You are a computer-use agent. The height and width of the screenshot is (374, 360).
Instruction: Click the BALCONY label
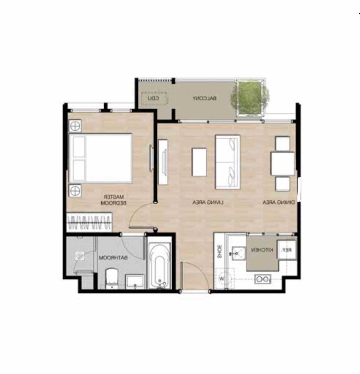[x=205, y=98]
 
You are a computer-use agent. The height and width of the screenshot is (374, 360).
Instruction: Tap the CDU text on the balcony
[x=154, y=98]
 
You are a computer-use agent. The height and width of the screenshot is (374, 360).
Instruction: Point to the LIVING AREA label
[x=208, y=202]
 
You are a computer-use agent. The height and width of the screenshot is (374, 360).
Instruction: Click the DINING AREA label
[x=278, y=202]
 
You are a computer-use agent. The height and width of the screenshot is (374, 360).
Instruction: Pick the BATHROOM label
[x=113, y=258]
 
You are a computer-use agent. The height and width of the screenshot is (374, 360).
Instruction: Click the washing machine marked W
[x=224, y=278]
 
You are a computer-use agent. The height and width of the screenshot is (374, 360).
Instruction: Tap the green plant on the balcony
[x=250, y=98]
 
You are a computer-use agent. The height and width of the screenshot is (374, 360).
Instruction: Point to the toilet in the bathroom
[x=112, y=278]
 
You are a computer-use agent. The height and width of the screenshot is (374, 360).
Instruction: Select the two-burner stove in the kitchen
[x=262, y=279]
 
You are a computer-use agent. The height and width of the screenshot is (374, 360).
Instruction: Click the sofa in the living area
[x=228, y=162]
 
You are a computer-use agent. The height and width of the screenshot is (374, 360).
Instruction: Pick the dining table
[x=283, y=164]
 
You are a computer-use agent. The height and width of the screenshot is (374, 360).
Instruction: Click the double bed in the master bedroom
[x=100, y=158]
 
